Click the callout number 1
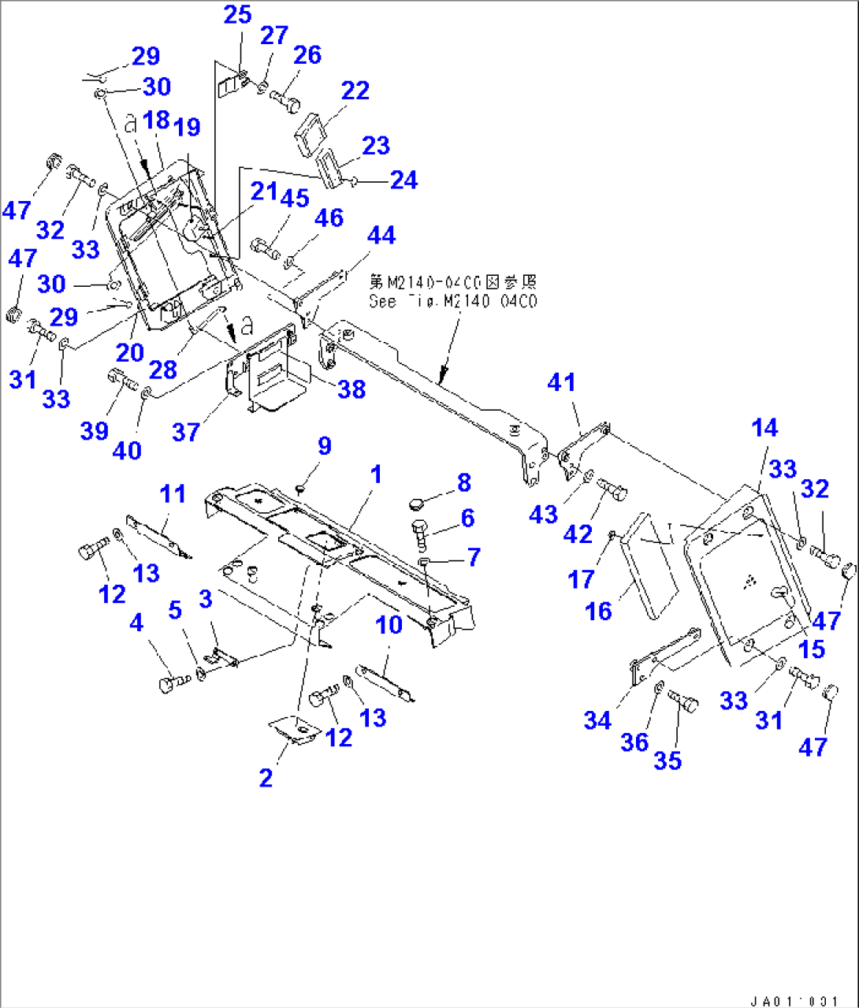click(x=376, y=474)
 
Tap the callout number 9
click(x=324, y=446)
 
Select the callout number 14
click(x=764, y=428)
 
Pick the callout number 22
click(x=355, y=91)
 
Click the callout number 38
click(x=351, y=388)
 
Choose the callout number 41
click(x=561, y=382)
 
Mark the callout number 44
click(x=381, y=235)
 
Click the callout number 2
click(x=266, y=778)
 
